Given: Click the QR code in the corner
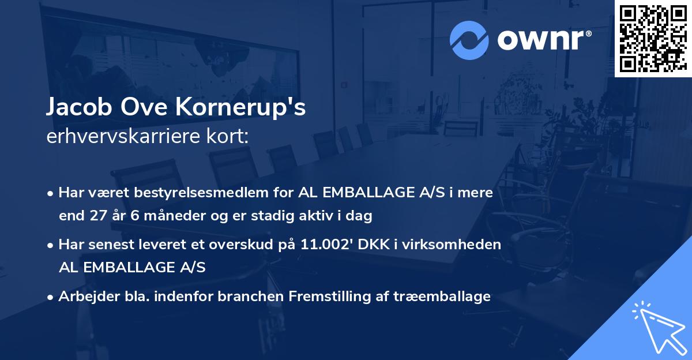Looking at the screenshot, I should [653, 38].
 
